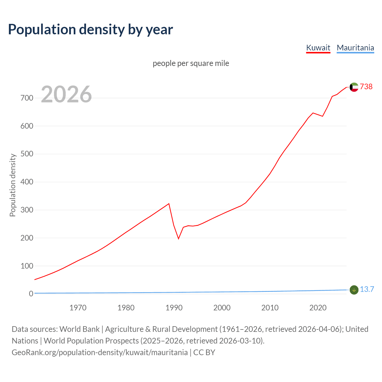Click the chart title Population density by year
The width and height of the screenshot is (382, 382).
coord(90,30)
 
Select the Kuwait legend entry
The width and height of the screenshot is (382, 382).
coord(318,48)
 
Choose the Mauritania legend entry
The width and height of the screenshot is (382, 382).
coord(355,48)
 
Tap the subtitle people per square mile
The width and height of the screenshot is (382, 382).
coord(191,63)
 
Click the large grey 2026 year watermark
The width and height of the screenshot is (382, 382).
coord(66,94)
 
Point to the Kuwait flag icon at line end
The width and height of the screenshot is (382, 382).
coord(354,87)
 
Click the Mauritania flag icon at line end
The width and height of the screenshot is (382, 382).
coord(354,290)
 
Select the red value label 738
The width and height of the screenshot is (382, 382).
coord(366,87)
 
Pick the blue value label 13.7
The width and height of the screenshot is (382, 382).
coord(367,289)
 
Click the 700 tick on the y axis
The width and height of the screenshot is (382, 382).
coord(27,98)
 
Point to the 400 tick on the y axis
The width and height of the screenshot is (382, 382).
coord(27,182)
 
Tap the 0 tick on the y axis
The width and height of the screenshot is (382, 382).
coord(31,294)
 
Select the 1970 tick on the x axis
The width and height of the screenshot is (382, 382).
coord(78,307)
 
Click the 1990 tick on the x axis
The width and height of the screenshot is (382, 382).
coord(174,307)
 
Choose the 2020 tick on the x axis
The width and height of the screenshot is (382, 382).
coord(318,307)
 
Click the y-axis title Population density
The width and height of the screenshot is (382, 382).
coord(13,185)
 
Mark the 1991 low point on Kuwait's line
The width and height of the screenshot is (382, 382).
coord(178,239)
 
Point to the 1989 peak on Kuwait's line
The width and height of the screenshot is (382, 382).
coord(169,204)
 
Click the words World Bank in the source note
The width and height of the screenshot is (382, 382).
coord(79,329)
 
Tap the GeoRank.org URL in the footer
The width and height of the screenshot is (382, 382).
coord(100,352)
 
